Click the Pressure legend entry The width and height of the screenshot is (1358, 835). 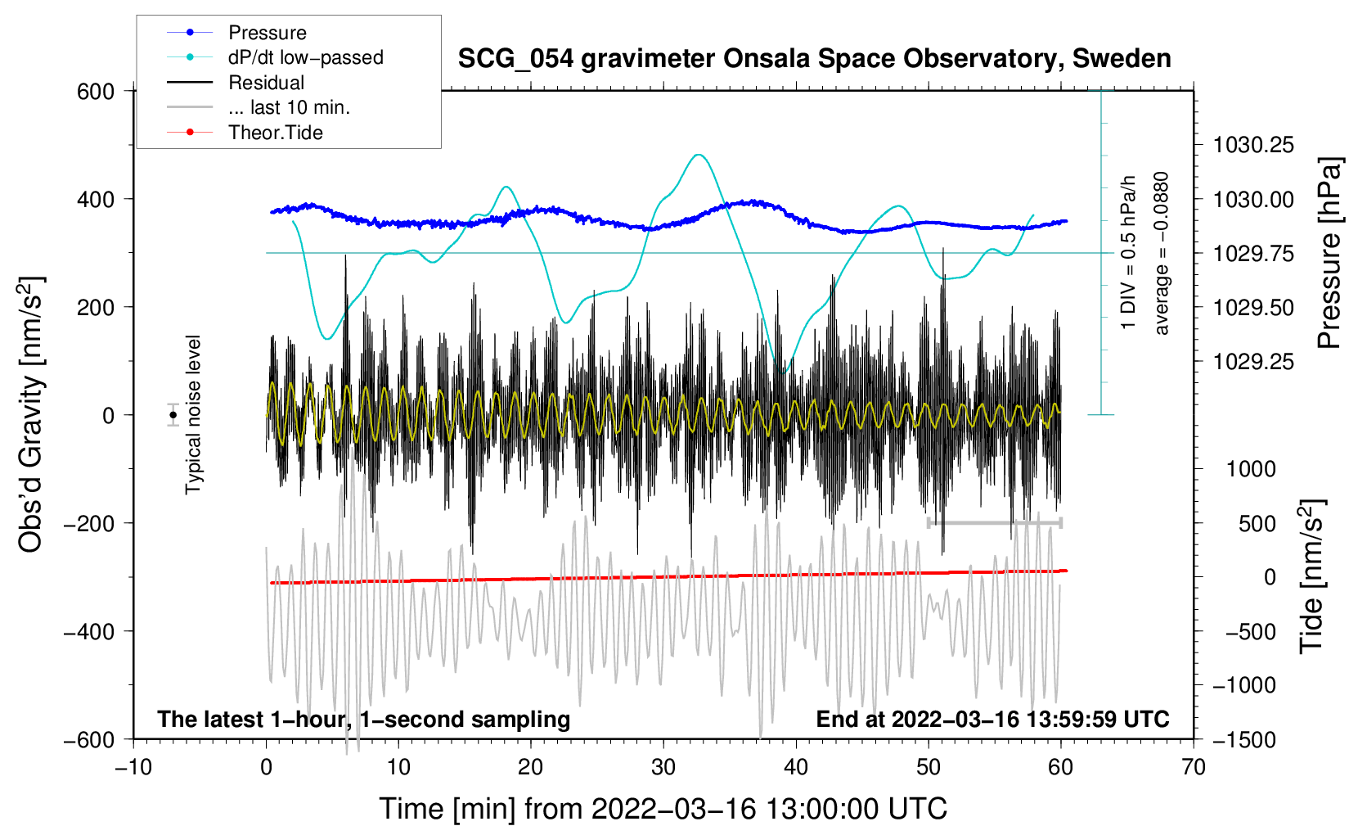pos(267,33)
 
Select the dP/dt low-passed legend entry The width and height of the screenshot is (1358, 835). pos(304,57)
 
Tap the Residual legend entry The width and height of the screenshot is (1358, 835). pos(266,83)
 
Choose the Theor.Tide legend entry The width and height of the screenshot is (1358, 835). pos(275,133)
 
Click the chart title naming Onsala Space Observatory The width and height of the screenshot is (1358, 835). pos(814,59)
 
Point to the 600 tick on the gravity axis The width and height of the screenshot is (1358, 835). pos(96,92)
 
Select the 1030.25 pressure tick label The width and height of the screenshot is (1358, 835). pos(1253,146)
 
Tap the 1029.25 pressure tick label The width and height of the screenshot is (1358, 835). pos(1253,362)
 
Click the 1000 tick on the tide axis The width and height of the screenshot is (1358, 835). pos(1251,469)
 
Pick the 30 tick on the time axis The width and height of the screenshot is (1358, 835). pos(663,767)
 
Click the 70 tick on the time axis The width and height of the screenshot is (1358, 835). pos(1194,767)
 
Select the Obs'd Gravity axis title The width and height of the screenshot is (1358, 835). pos(31,414)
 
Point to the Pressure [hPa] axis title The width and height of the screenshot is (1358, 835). pos(1329,254)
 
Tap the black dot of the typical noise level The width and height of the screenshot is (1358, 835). pos(173,415)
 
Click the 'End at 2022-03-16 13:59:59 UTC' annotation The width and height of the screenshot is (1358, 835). pos(992,719)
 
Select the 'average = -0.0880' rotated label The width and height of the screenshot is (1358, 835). pos(1162,254)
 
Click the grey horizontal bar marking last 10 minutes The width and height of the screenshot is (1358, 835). pos(995,522)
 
